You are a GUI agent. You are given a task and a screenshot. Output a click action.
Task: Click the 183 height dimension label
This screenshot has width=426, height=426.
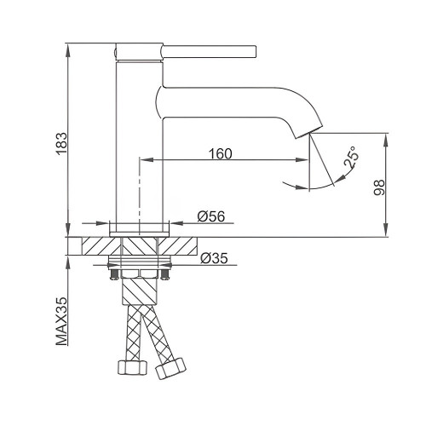[61, 144]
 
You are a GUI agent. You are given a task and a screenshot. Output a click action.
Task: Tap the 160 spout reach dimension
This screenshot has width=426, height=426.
[221, 153]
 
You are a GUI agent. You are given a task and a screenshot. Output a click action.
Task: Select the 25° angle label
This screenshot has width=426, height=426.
[351, 157]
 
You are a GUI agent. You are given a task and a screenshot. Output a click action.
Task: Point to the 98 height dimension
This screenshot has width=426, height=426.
[379, 187]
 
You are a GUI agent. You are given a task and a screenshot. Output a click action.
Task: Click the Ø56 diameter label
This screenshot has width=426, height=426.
[211, 216]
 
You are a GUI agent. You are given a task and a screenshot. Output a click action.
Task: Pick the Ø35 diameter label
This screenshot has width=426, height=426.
[214, 258]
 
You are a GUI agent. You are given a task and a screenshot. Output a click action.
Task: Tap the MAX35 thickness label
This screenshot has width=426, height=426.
[62, 321]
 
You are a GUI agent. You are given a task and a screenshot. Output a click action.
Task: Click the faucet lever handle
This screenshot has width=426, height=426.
[209, 52]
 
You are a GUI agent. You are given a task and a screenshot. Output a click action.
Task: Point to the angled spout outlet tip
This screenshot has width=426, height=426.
[308, 133]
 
